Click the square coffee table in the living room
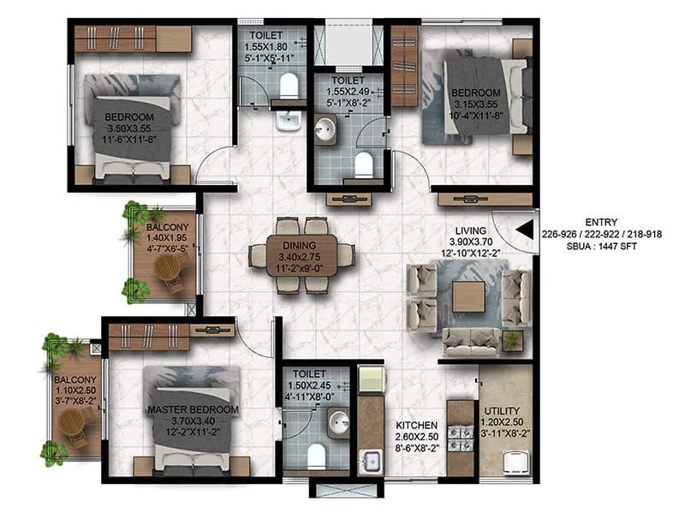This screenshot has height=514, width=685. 469,296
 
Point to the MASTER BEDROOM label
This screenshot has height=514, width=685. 192,409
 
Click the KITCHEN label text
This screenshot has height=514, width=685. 417,425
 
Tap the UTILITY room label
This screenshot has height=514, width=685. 503,410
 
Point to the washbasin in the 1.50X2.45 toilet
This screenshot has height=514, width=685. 339,420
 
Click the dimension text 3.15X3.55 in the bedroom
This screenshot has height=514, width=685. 475,104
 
